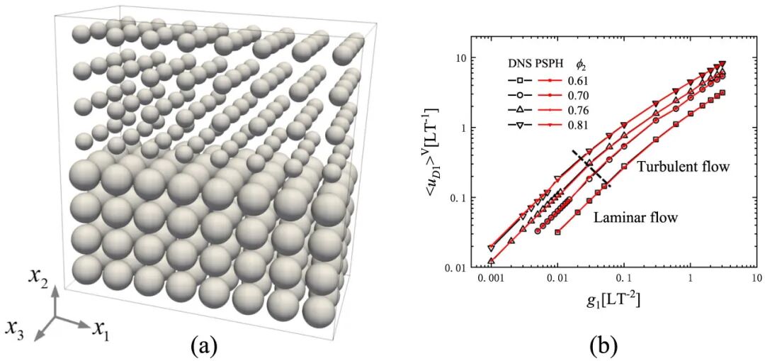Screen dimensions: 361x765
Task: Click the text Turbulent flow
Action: (x=683, y=167)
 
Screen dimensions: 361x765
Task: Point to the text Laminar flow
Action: (x=635, y=218)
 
